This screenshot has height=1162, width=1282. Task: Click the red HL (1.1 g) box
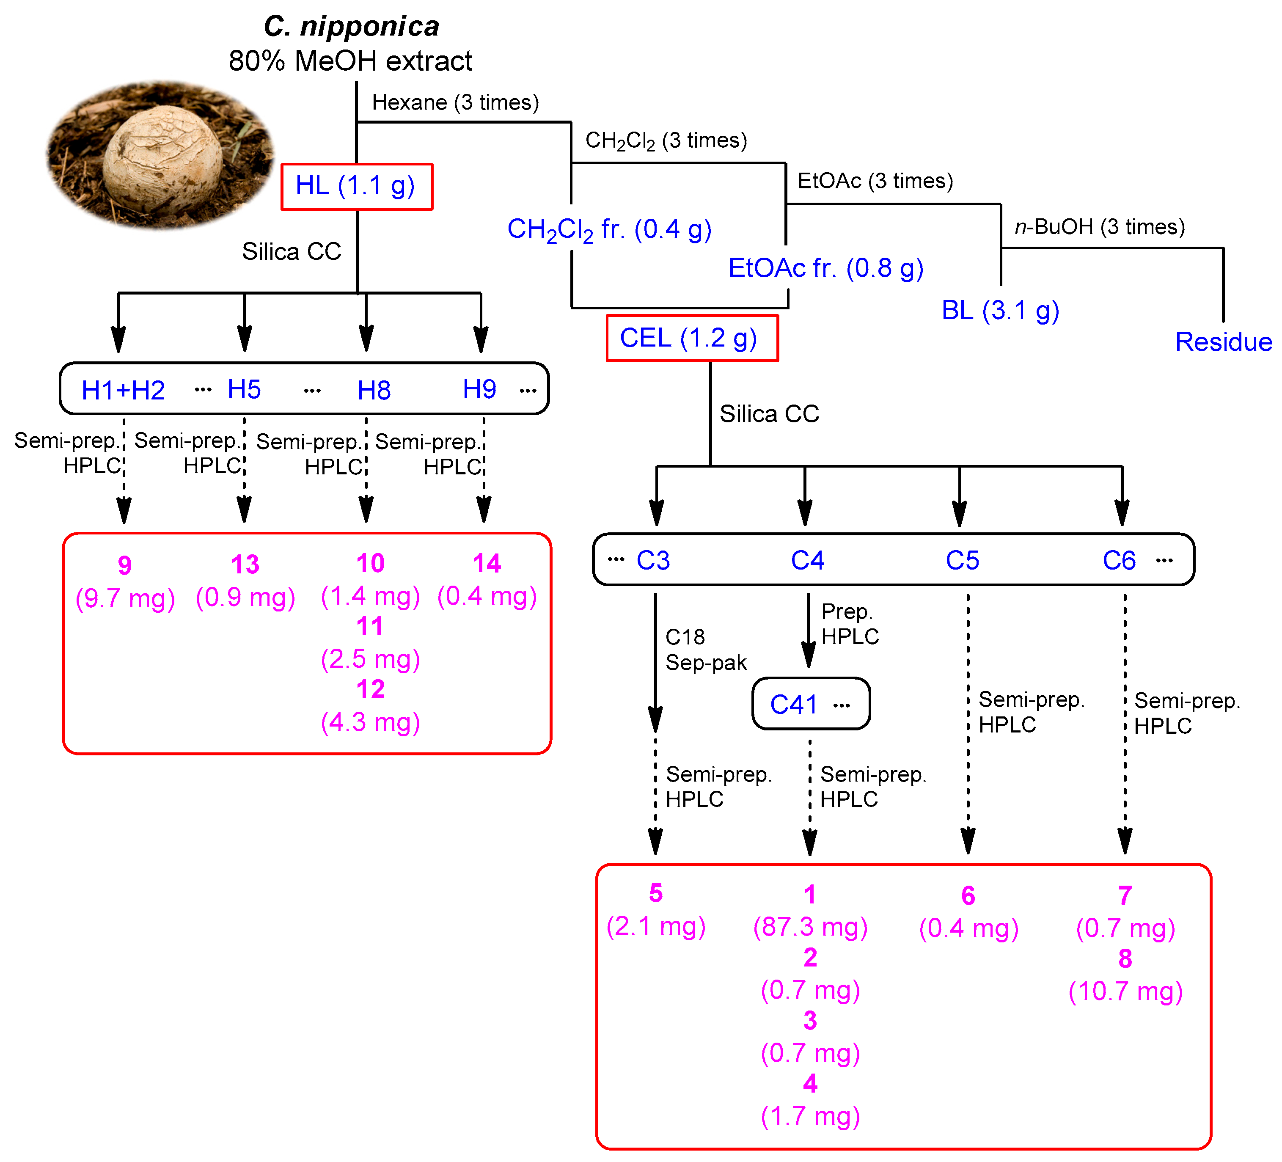(x=357, y=186)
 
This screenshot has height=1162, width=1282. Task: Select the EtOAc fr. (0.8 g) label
(x=825, y=268)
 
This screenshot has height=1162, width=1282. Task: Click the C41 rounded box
(x=811, y=704)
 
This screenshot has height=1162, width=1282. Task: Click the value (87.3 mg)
(x=810, y=927)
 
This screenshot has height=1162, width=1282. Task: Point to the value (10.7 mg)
(x=1125, y=991)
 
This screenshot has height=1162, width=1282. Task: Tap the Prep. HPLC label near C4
(x=850, y=624)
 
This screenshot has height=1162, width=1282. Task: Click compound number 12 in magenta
(x=370, y=689)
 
